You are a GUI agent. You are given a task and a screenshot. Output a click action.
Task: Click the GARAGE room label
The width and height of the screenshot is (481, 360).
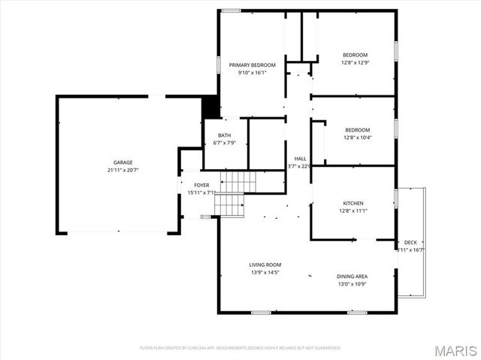tap(123, 162)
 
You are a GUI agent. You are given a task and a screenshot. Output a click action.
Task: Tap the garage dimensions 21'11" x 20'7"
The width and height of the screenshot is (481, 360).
tap(123, 170)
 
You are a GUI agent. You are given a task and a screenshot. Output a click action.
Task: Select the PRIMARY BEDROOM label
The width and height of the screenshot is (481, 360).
tap(252, 65)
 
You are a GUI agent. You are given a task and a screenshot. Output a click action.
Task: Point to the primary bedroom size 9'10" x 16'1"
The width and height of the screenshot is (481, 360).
tap(252, 73)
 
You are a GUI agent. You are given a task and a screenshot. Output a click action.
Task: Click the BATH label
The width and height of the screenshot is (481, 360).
tap(224, 135)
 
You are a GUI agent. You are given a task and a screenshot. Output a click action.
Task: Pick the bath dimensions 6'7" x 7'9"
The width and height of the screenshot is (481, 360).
tap(224, 143)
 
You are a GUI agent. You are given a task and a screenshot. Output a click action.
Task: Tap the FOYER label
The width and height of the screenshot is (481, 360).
tap(201, 185)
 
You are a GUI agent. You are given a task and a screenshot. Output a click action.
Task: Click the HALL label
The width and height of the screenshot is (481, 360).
tap(300, 159)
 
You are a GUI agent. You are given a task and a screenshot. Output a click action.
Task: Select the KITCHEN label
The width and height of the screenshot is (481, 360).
tap(353, 204)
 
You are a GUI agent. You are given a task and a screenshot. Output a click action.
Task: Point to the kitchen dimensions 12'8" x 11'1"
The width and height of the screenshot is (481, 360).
tap(353, 211)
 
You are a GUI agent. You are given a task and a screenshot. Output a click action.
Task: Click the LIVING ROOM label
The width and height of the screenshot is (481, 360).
tap(265, 265)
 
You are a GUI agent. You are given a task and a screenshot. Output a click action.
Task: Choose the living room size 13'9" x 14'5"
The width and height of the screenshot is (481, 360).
tap(265, 272)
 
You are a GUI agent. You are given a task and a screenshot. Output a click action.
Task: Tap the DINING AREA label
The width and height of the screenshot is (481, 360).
tap(351, 277)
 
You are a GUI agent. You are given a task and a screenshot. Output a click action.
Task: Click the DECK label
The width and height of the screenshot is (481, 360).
tap(410, 242)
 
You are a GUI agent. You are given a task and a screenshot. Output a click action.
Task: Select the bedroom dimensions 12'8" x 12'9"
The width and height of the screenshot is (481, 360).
tap(355, 62)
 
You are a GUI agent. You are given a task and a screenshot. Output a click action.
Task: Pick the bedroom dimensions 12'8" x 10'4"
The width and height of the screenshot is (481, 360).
tap(355, 138)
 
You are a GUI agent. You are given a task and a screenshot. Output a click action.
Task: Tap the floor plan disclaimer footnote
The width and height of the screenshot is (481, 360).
tap(240, 348)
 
